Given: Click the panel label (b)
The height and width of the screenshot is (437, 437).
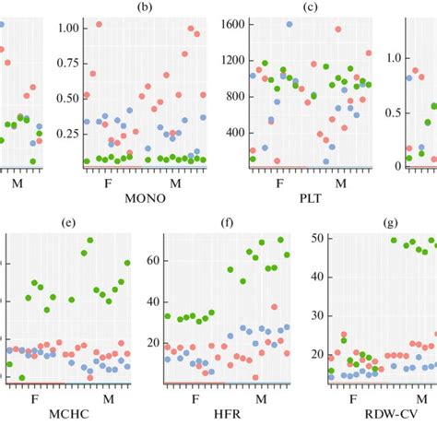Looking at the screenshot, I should (x=144, y=7).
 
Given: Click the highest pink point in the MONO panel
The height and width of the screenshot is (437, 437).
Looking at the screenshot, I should (x=99, y=25).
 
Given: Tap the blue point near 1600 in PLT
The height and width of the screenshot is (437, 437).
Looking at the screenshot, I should (x=289, y=25).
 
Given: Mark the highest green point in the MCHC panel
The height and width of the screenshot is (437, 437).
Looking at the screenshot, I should (x=89, y=241).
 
